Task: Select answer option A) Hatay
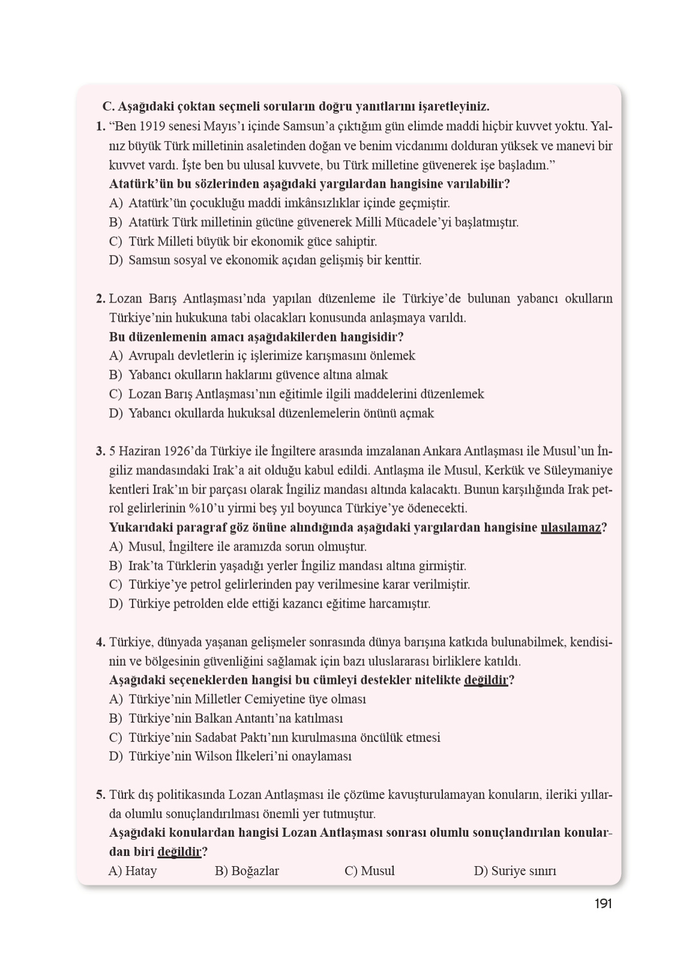tap(133, 871)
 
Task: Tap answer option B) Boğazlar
tap(247, 871)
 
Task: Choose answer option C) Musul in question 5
tap(370, 871)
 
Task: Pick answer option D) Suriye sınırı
tap(515, 871)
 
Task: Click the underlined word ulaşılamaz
tap(571, 528)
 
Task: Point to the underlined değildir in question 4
tap(486, 680)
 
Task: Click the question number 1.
tap(100, 127)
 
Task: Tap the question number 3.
tap(100, 451)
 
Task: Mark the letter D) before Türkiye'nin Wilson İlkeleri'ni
tap(116, 756)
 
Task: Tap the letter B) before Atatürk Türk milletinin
tap(116, 223)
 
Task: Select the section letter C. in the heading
tap(109, 107)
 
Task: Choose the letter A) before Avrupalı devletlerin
tap(116, 356)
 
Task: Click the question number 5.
tap(100, 795)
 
